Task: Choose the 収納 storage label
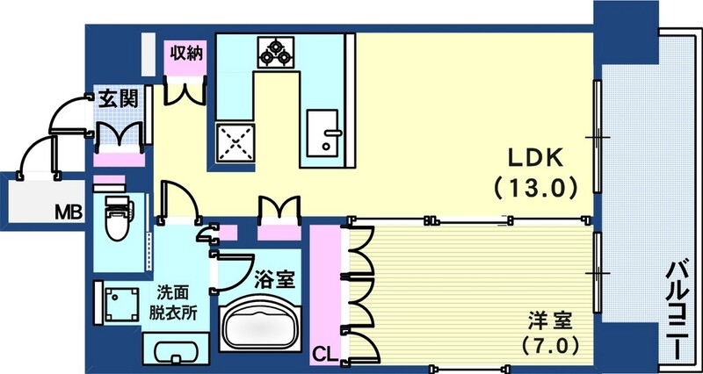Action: (x=187, y=53)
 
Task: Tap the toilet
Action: (x=116, y=219)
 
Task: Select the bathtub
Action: (x=260, y=328)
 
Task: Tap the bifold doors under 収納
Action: (x=187, y=90)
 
